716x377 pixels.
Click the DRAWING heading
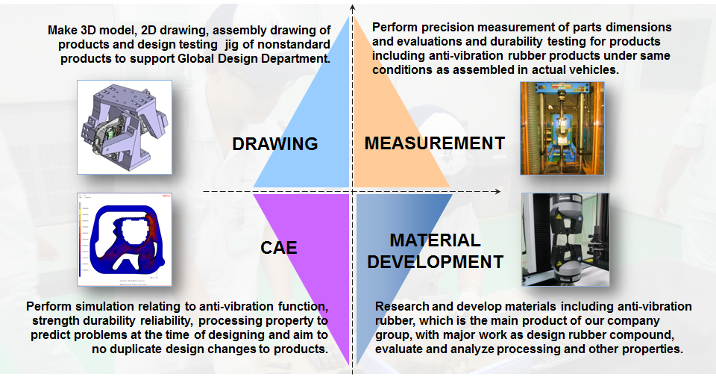pos(275,143)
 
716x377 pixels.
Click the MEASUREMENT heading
pos(435,143)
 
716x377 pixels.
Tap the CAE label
pos(278,248)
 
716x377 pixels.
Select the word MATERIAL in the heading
pos(435,240)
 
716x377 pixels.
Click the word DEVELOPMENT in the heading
pos(435,262)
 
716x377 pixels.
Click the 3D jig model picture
pos(125,127)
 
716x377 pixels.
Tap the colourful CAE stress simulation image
pos(125,240)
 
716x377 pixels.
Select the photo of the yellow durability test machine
pos(562,128)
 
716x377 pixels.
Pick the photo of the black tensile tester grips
pos(565,240)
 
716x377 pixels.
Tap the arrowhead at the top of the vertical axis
pos(352,7)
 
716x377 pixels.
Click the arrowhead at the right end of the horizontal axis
pos(497,191)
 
